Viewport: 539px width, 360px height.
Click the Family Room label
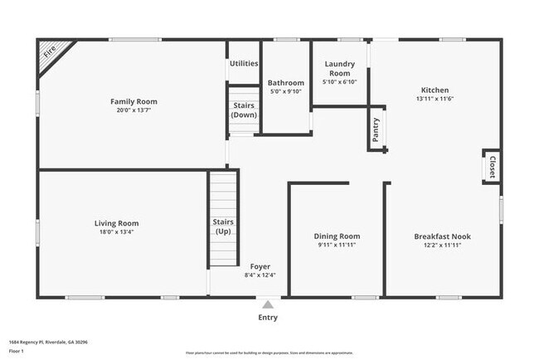coord(134,101)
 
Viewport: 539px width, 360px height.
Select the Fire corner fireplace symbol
coord(50,55)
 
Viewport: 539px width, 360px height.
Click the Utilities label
coord(244,63)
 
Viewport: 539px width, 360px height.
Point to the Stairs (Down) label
coord(244,109)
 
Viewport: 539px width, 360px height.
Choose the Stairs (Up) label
coord(223,226)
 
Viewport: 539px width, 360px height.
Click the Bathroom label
coord(286,83)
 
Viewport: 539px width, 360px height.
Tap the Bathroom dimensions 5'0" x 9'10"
coord(286,91)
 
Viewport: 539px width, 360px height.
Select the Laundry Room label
coord(339,68)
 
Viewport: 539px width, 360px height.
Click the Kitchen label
coord(435,90)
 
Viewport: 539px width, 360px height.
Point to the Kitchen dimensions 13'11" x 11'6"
coord(435,99)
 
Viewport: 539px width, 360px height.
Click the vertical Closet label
coord(492,166)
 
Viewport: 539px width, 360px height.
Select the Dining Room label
coord(337,236)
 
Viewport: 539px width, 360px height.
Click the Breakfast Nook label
coord(442,236)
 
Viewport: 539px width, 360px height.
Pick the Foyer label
coord(260,266)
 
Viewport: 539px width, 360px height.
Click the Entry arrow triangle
coord(267,303)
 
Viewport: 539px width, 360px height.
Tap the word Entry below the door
coord(267,317)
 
